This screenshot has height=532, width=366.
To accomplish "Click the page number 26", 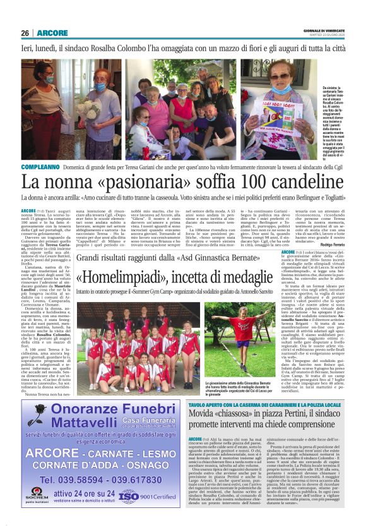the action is pyautogui.click(x=25, y=33).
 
